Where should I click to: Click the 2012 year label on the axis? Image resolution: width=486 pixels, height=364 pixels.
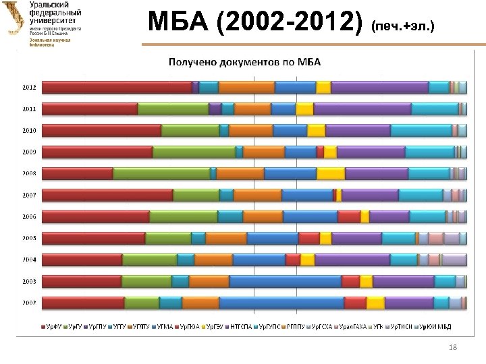(x=28, y=87)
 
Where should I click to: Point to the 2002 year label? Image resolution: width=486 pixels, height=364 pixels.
(x=28, y=303)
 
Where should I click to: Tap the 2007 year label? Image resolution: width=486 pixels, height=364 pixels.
(x=28, y=195)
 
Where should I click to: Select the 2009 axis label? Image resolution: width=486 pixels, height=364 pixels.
(x=28, y=152)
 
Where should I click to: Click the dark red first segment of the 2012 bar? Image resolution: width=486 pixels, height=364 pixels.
(x=117, y=87)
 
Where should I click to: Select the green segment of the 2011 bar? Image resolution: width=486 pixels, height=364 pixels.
(x=173, y=109)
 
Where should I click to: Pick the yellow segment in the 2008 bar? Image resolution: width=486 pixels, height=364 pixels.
(x=331, y=173)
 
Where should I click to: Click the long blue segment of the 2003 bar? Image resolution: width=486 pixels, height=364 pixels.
(x=286, y=281)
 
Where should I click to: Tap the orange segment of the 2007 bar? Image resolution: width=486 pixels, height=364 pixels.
(x=257, y=195)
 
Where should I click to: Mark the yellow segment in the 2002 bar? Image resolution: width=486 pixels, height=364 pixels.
(x=375, y=303)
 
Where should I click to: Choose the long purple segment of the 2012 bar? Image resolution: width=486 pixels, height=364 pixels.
(x=379, y=87)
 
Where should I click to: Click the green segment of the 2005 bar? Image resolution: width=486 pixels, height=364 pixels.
(x=168, y=238)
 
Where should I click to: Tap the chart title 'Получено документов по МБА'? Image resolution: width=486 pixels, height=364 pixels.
(x=244, y=63)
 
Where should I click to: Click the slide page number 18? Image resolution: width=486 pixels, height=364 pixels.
(x=453, y=346)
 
